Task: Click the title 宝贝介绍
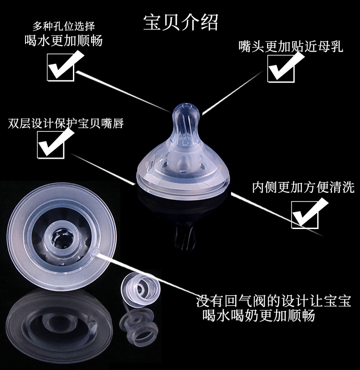pos(180,22)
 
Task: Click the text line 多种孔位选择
pos(64,26)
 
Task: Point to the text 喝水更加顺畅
pos(64,41)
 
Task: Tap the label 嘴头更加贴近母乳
pos(291,46)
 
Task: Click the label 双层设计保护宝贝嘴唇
pos(66,124)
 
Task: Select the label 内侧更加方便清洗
pos(303,187)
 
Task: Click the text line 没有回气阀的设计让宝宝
pos(274,301)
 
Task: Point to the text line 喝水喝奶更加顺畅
pos(259,315)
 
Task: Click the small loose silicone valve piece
pos(141,290)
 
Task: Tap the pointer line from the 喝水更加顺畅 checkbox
pos(123,91)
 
